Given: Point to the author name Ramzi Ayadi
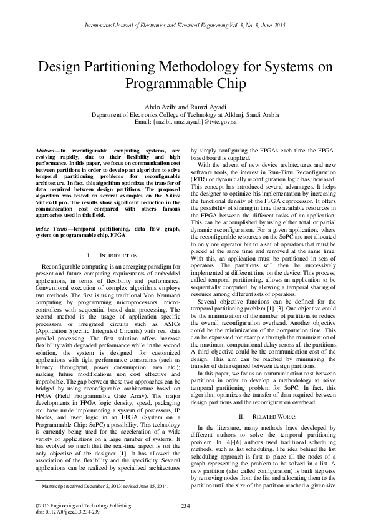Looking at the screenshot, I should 206,106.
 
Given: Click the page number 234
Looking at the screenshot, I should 185,505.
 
